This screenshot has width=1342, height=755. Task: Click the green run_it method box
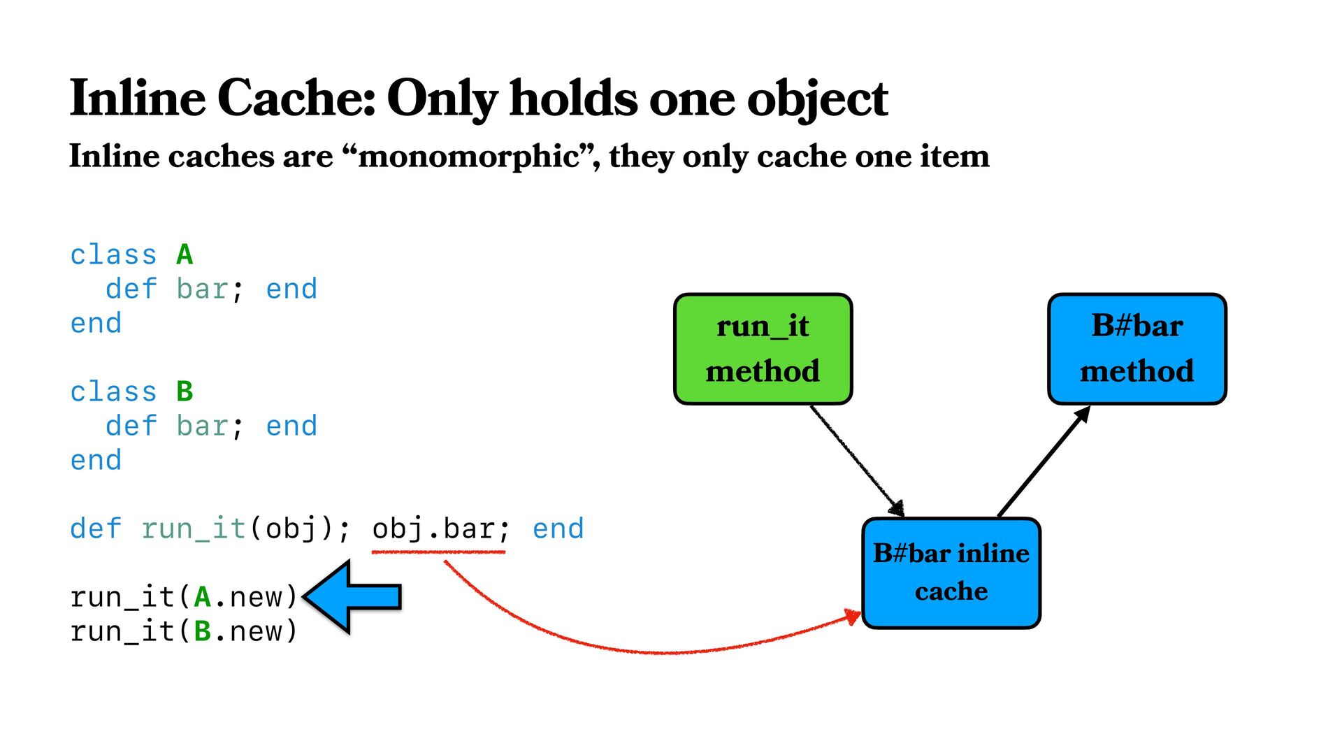point(763,349)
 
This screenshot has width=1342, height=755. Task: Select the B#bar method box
point(1137,349)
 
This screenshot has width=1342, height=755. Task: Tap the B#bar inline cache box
point(951,573)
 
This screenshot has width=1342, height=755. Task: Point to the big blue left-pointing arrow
point(354,596)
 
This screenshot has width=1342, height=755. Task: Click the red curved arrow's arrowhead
point(853,617)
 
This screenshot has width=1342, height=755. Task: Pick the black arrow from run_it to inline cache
point(856,460)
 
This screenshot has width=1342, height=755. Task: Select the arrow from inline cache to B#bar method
point(1044,461)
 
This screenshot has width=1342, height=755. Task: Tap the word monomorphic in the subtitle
point(468,156)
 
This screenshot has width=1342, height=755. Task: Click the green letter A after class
point(185,254)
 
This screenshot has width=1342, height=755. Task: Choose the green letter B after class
point(185,391)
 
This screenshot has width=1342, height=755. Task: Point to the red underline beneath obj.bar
point(438,552)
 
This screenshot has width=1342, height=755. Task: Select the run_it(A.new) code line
point(184,597)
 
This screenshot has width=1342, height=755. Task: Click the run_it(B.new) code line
point(184,631)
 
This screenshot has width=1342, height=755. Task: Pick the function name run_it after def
point(194,528)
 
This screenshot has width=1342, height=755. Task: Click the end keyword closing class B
point(96,460)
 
